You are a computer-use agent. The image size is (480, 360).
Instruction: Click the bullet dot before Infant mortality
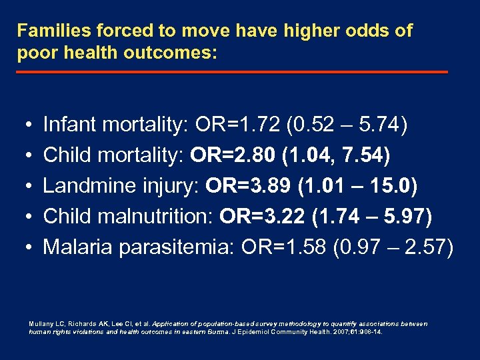pyautogui.click(x=24, y=125)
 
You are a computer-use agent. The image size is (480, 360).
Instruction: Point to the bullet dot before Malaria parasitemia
pyautogui.click(x=24, y=248)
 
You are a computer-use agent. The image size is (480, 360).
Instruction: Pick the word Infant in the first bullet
pyautogui.click(x=68, y=125)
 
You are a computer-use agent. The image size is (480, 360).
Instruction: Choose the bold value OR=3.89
pyautogui.click(x=249, y=186)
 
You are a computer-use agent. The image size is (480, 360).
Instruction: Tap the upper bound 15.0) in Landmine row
pyautogui.click(x=396, y=186)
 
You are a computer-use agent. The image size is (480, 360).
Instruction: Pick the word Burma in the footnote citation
pyautogui.click(x=213, y=331)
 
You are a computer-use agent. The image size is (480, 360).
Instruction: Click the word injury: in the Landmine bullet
pyautogui.click(x=167, y=186)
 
